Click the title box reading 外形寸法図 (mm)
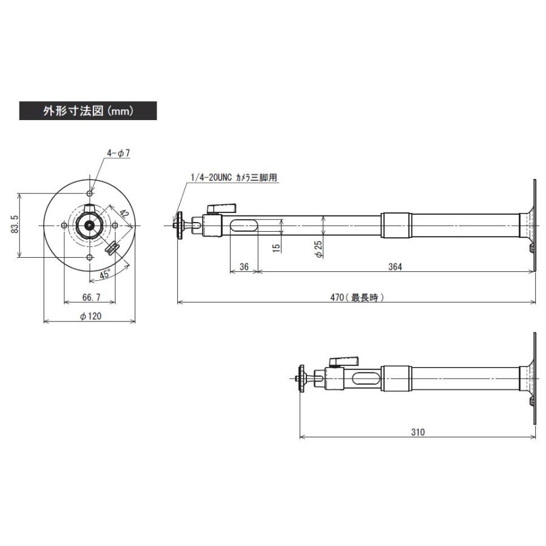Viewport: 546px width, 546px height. pyautogui.click(x=88, y=111)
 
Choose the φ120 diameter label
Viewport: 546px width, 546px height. pyautogui.click(x=90, y=316)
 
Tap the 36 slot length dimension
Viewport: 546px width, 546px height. pyautogui.click(x=244, y=266)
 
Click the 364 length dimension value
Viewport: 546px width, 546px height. pyautogui.click(x=394, y=266)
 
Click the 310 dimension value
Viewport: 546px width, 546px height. pyautogui.click(x=417, y=432)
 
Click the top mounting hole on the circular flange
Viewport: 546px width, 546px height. pyautogui.click(x=90, y=192)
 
